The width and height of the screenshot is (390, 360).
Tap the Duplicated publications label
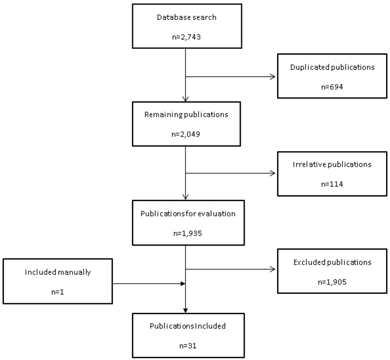click(x=332, y=67)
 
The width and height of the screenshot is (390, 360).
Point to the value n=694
click(x=332, y=86)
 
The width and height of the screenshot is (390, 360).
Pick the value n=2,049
click(x=185, y=133)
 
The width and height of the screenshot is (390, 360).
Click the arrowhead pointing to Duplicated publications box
click(x=273, y=77)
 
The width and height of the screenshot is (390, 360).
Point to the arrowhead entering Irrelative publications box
click(x=273, y=173)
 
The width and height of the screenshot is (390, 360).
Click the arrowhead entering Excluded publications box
click(x=273, y=270)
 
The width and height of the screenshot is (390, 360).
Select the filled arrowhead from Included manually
click(x=183, y=284)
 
